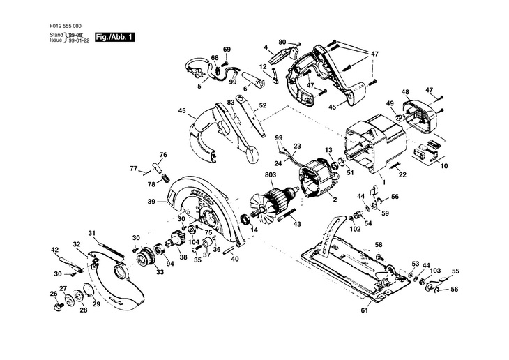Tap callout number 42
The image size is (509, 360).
click(54, 249)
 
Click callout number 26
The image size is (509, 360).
click(53, 293)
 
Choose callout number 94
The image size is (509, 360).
click(169, 264)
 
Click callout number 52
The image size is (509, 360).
click(262, 105)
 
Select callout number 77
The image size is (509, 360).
click(133, 168)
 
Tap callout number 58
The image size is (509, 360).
click(379, 244)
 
